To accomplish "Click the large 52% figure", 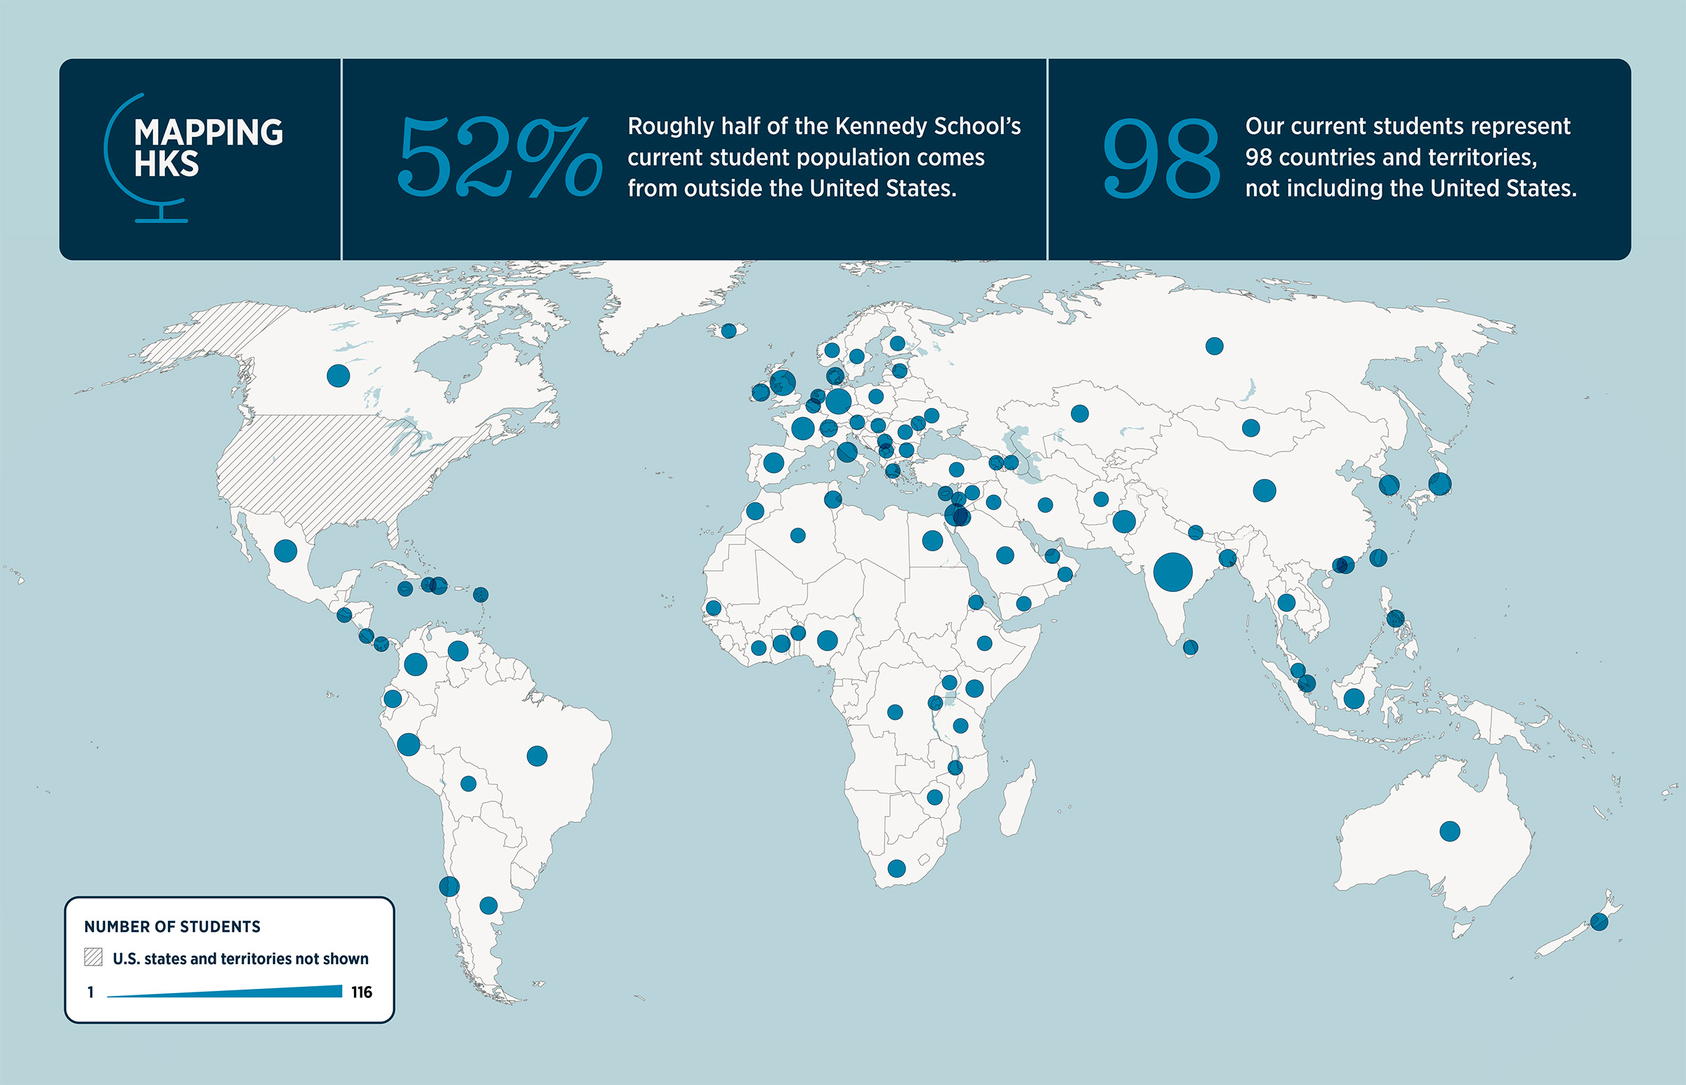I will pos(499,157).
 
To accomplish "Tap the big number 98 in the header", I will pos(1161,159).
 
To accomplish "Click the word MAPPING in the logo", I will pos(209,133).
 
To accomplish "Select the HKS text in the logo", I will pos(166,164).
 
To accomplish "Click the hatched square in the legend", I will pos(93,956).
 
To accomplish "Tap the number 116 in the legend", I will pos(362,992).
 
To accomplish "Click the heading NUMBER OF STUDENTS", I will pos(173,926).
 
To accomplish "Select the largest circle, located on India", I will pos(1173,572).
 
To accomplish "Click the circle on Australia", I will pos(1449,831).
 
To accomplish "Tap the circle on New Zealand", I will pos(1599,921).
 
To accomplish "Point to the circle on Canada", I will pos(338,376).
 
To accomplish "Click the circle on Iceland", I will pos(728,331).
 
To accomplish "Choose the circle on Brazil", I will pos(537,756).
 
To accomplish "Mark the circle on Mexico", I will pos(285,551).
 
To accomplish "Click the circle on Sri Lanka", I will pos(1190,647).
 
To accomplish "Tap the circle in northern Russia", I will pos(1214,346).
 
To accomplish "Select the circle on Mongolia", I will pos(1250,428).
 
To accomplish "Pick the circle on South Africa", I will pos(896,869).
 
